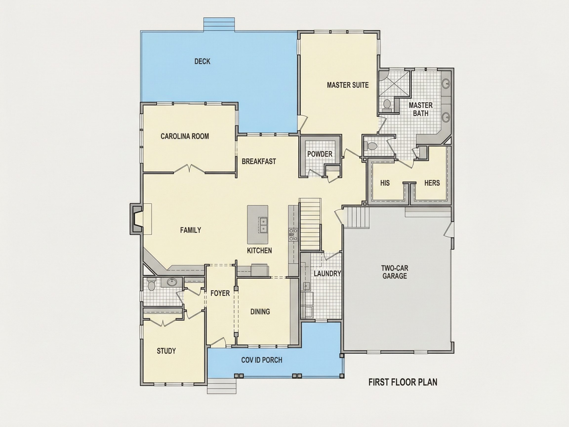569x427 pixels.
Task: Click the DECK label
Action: point(202,62)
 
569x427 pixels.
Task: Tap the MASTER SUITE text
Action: point(348,85)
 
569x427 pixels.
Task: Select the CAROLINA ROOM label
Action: point(185,136)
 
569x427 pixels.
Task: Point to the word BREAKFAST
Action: point(259,161)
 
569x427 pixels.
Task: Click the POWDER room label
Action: point(320,154)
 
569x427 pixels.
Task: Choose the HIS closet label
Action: point(385,183)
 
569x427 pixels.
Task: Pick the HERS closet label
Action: point(432,183)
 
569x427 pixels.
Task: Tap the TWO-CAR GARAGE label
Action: point(395,272)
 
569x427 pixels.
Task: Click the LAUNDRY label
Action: point(327,274)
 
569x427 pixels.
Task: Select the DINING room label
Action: point(260,312)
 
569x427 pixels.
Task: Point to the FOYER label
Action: point(220,293)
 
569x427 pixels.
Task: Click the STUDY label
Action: point(166,351)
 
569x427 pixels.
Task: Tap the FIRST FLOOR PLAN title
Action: point(403,383)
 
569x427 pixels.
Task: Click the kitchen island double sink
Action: point(263,225)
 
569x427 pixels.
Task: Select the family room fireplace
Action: point(136,219)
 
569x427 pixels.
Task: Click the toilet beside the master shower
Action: point(387,105)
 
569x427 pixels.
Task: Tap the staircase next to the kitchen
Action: point(310,224)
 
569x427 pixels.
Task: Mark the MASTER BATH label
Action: point(421,109)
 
